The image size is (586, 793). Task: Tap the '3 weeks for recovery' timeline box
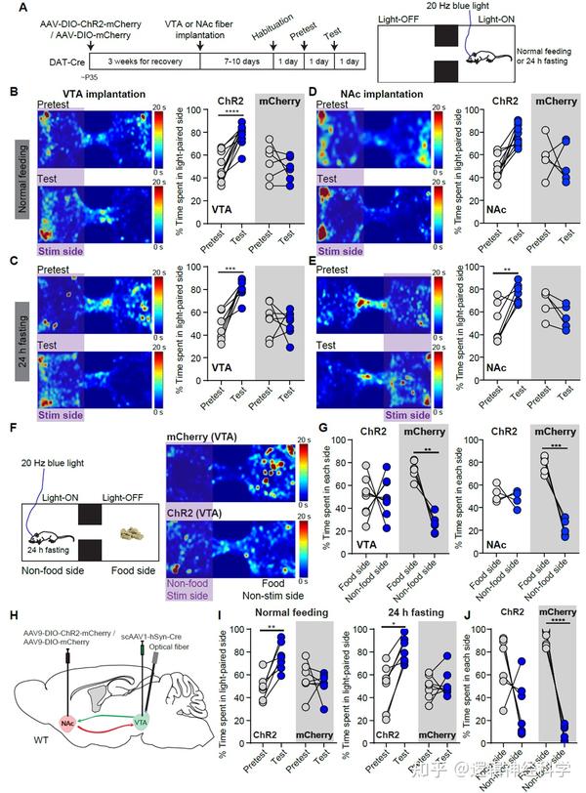(x=138, y=60)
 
